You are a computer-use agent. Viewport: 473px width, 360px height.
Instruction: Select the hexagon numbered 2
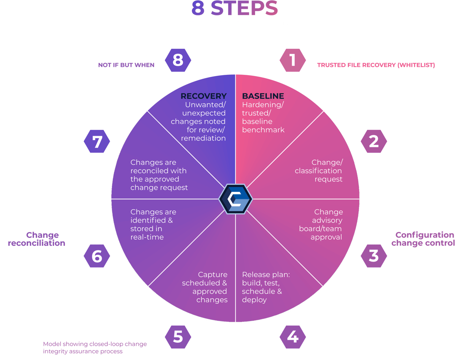click(x=374, y=141)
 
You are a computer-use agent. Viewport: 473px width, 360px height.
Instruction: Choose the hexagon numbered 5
click(x=178, y=337)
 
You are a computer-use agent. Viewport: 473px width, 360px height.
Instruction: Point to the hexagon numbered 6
click(x=97, y=256)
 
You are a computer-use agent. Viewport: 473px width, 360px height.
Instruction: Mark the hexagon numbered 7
click(x=97, y=141)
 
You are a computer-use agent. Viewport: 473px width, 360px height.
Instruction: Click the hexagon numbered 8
click(x=178, y=60)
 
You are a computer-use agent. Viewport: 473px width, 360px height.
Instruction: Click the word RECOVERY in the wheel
click(x=203, y=96)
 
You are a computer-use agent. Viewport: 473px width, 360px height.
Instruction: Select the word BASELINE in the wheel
click(x=263, y=96)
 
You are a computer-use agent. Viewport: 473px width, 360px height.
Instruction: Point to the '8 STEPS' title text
click(x=235, y=9)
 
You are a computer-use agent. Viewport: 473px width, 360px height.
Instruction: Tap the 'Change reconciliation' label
click(x=37, y=239)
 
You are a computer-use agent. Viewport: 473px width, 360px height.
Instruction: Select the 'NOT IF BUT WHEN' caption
click(x=126, y=65)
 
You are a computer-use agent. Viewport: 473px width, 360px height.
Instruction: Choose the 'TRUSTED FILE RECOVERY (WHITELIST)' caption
click(x=376, y=65)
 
